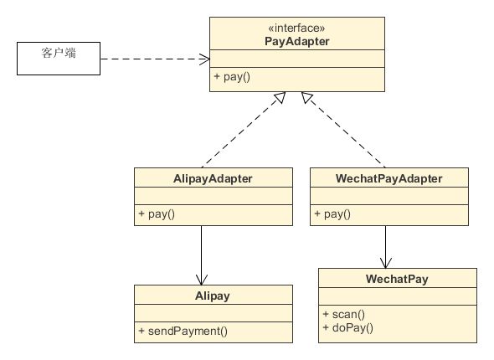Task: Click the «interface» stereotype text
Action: (x=296, y=28)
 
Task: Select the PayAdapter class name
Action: (x=296, y=42)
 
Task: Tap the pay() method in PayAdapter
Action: (x=232, y=76)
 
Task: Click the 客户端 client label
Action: (x=59, y=53)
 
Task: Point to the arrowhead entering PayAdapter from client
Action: (x=205, y=59)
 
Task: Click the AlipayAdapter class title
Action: (x=213, y=178)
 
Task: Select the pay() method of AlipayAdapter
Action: (x=157, y=213)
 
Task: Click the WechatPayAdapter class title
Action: (x=389, y=178)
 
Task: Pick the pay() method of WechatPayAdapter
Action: (x=332, y=213)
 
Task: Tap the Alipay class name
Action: (x=213, y=296)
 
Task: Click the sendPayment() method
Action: (x=183, y=331)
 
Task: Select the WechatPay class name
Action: (x=397, y=279)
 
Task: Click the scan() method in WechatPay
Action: (x=344, y=314)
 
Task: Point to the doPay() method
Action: (x=347, y=327)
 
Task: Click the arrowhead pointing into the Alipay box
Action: (x=202, y=280)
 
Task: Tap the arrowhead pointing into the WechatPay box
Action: (x=386, y=263)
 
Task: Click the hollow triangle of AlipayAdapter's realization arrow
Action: (x=280, y=97)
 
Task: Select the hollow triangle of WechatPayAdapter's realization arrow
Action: (x=306, y=97)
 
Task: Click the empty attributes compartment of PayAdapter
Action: (x=297, y=59)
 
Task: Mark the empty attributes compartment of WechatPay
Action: (x=398, y=296)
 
